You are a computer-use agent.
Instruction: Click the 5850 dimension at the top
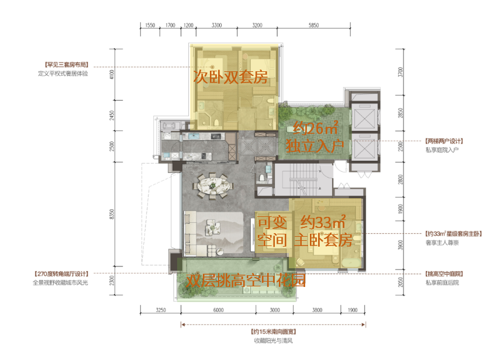[313, 25]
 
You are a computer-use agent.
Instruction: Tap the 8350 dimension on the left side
[112, 214]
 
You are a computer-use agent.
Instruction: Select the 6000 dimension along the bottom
[218, 310]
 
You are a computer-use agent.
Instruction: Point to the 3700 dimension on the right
[400, 72]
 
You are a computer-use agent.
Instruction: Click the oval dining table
[212, 186]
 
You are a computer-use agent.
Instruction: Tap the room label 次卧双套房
[230, 77]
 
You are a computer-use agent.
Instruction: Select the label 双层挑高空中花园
[246, 281]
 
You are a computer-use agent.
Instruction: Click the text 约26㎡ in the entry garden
[315, 128]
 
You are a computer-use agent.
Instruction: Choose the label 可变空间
[272, 231]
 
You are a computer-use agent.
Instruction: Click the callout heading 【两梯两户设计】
[444, 141]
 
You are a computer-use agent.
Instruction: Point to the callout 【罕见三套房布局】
[66, 65]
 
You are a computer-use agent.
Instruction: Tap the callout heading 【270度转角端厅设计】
[61, 274]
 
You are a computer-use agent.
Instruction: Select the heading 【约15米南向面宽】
[273, 332]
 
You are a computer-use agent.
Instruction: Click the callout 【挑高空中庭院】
[444, 274]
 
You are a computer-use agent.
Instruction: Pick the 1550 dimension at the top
[150, 25]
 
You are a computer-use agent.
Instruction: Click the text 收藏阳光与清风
[273, 341]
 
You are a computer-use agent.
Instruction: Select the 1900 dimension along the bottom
[353, 310]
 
